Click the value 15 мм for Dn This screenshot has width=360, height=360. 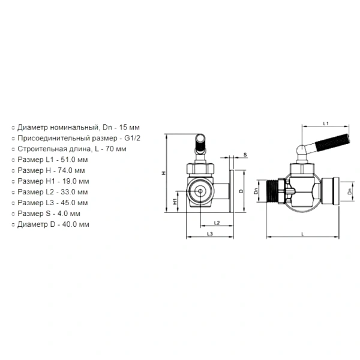(x=129, y=127)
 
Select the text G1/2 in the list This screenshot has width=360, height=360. (x=132, y=138)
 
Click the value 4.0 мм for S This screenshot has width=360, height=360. (x=68, y=214)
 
